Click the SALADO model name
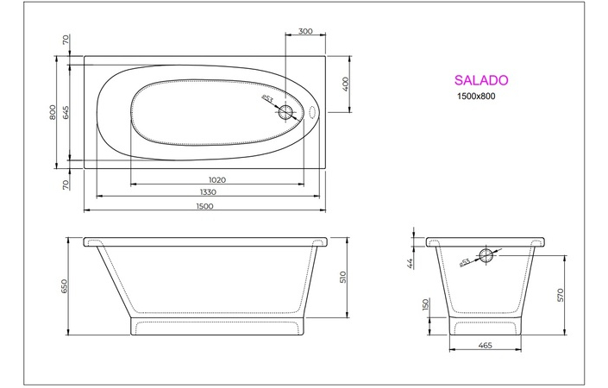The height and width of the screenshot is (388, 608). pos(481,79)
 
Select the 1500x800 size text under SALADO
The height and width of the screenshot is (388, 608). pos(476,97)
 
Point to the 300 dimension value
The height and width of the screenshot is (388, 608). pos(304,31)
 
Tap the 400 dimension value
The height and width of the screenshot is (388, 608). pos(344,84)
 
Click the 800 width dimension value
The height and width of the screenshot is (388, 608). pos(53,112)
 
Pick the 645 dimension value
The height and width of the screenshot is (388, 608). pos(65,112)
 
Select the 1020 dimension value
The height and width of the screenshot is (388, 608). pos(217,180)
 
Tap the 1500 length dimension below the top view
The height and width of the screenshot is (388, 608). pos(204,207)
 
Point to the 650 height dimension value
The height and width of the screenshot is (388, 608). pos(64,286)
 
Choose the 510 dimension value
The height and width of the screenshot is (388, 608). pos(342,278)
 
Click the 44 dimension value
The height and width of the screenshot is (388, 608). pos(411,262)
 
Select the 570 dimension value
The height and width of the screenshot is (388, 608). pos(561,295)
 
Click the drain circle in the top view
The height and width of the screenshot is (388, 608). pos(287,112)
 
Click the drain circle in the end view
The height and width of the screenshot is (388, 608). pos(486,256)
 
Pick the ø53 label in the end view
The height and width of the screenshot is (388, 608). pos(465,262)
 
